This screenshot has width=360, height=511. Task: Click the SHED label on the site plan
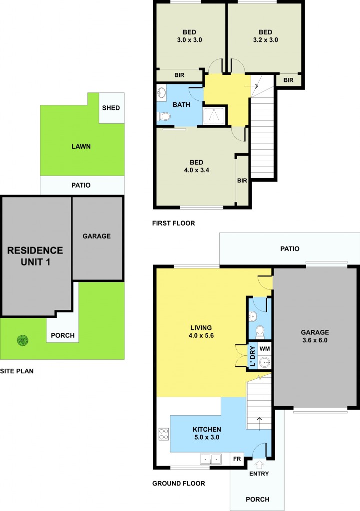(111, 108)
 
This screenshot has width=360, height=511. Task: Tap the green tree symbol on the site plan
(22, 340)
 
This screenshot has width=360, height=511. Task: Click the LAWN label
(81, 147)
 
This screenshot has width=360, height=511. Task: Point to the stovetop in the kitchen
(163, 434)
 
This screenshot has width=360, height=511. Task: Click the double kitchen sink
(210, 459)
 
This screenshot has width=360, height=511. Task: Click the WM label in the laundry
(265, 348)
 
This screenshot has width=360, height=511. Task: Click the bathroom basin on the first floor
(161, 93)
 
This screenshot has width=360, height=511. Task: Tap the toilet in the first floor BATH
(164, 117)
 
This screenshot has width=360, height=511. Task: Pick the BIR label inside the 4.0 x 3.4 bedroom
(242, 180)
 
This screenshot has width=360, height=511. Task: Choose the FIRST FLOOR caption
(173, 223)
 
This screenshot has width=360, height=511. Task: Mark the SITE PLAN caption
(16, 371)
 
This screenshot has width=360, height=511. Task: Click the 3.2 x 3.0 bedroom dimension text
(265, 39)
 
